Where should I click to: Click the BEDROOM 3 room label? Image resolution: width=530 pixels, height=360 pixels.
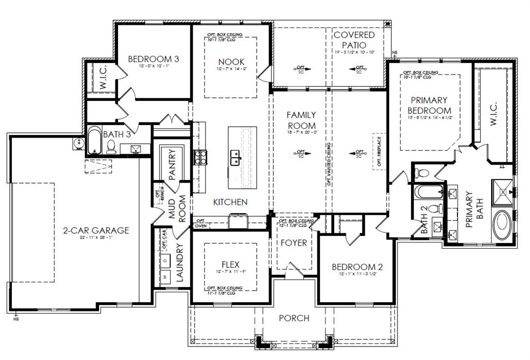click(x=153, y=59)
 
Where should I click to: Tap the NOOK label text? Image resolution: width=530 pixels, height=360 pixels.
click(x=230, y=62)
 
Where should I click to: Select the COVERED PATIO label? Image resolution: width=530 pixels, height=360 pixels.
click(x=354, y=40)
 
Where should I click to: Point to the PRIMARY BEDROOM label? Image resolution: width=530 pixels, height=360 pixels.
click(x=429, y=105)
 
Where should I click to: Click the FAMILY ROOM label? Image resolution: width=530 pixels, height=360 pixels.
click(x=301, y=120)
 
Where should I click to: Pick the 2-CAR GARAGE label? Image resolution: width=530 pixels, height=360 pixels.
click(x=96, y=230)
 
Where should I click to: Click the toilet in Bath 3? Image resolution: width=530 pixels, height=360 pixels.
click(x=110, y=147)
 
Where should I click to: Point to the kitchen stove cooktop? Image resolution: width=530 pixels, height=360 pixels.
click(x=199, y=156)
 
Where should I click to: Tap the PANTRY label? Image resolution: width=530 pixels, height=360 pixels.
click(x=172, y=164)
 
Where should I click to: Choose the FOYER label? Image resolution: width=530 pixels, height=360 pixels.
click(x=293, y=243)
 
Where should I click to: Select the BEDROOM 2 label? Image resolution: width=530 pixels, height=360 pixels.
click(x=357, y=267)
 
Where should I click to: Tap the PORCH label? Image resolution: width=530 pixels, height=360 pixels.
click(x=294, y=318)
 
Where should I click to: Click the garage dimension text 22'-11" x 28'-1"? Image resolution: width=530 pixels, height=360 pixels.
click(x=96, y=238)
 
